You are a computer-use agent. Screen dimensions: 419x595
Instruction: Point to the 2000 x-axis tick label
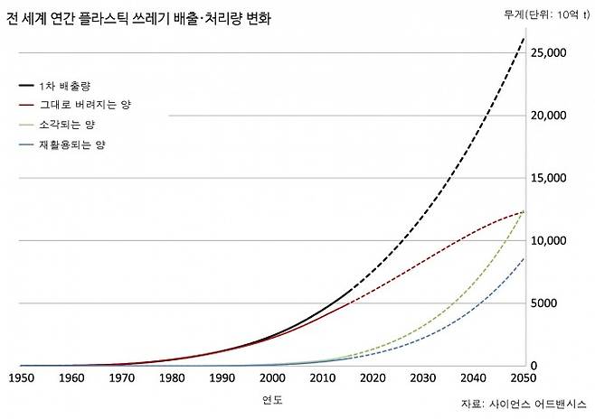click(271, 377)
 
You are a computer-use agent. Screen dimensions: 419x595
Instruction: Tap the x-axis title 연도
click(271, 398)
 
